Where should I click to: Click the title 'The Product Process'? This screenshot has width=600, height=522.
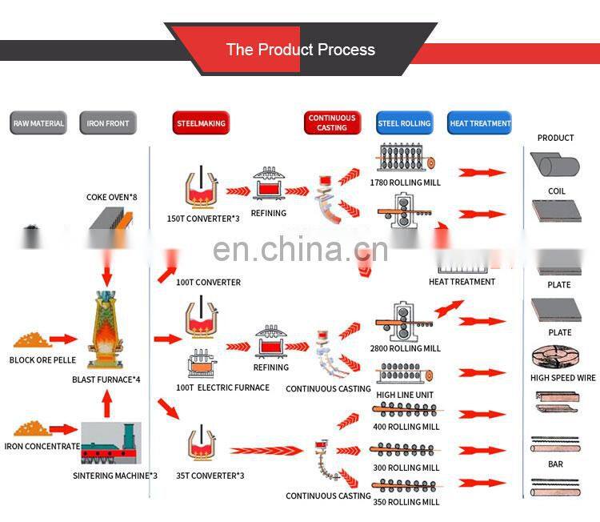pyautogui.click(x=300, y=50)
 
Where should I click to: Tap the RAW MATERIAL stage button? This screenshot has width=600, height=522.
pyautogui.click(x=38, y=123)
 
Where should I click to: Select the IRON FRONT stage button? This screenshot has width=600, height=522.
pyautogui.click(x=107, y=123)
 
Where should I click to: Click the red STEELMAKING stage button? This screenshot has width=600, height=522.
pyautogui.click(x=200, y=123)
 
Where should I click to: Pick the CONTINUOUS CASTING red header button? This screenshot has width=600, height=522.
pyautogui.click(x=332, y=122)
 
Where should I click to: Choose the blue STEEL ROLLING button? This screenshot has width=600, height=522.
pyautogui.click(x=404, y=123)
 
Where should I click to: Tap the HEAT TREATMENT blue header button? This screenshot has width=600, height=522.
pyautogui.click(x=480, y=123)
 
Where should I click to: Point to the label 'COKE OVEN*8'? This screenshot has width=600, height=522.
pyautogui.click(x=112, y=197)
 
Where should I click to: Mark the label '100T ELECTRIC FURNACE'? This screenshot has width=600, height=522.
pyautogui.click(x=222, y=387)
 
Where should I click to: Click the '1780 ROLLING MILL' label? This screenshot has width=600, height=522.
pyautogui.click(x=405, y=183)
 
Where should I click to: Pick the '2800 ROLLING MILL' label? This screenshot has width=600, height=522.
pyautogui.click(x=405, y=348)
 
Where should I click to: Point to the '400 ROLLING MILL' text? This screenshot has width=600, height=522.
pyautogui.click(x=406, y=427)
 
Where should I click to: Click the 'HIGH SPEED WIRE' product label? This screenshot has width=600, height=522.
pyautogui.click(x=563, y=378)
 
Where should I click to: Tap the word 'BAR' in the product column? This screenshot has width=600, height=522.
pyautogui.click(x=555, y=464)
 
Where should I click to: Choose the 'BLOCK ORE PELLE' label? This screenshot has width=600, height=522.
pyautogui.click(x=42, y=360)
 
